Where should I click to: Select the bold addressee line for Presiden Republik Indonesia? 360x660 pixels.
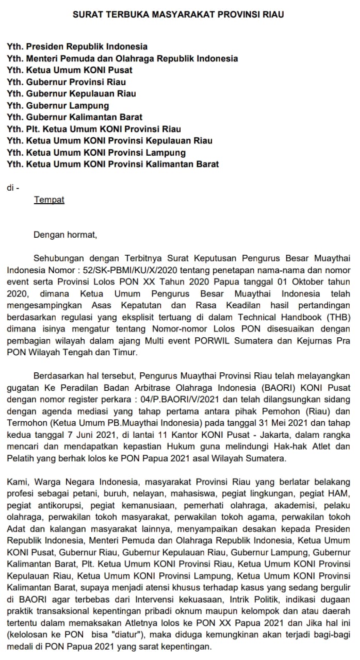[77, 46]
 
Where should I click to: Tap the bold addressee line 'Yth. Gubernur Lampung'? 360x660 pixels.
[58, 106]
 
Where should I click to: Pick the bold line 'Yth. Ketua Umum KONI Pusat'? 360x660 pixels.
[70, 70]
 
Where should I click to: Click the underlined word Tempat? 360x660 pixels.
[49, 200]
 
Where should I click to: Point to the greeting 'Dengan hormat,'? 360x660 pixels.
[65, 235]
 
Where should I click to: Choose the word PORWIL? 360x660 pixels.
[209, 340]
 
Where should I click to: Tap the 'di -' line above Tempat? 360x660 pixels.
[13, 188]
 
